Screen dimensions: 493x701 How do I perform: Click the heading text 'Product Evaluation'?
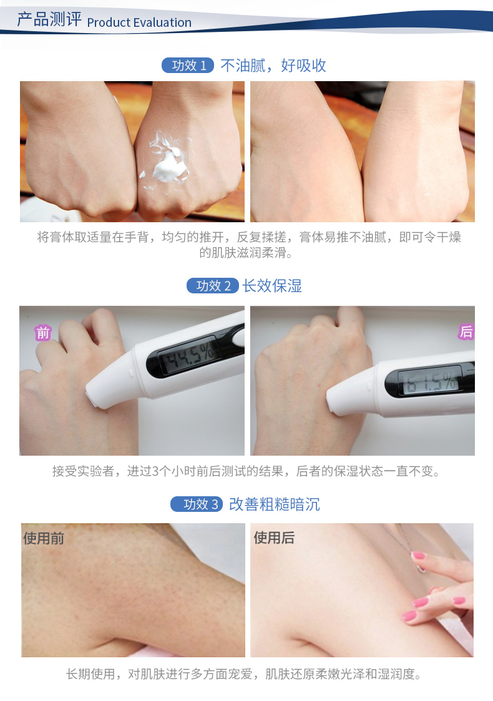click(x=139, y=22)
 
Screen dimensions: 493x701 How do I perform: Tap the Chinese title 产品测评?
click(x=49, y=20)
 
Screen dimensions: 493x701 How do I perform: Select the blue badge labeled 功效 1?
click(x=188, y=66)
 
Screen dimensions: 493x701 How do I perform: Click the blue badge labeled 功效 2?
click(x=213, y=286)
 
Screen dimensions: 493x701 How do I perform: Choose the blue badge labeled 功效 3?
click(x=197, y=504)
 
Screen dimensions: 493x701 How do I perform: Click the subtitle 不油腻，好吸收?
click(x=273, y=66)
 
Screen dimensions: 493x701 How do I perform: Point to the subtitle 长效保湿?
click(x=272, y=286)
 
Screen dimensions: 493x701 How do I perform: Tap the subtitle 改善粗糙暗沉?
click(x=275, y=504)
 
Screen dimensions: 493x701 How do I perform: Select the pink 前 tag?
click(x=43, y=333)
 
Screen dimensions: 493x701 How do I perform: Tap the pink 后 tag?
click(x=466, y=331)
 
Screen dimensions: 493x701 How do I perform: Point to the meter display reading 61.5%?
click(x=431, y=381)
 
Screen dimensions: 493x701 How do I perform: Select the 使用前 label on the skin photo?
click(x=44, y=538)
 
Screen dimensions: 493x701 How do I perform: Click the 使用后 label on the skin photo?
click(x=274, y=537)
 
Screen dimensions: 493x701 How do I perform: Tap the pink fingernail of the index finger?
click(x=418, y=556)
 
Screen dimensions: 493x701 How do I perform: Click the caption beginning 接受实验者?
click(x=246, y=471)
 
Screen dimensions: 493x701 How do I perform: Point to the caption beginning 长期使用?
click(x=244, y=674)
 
